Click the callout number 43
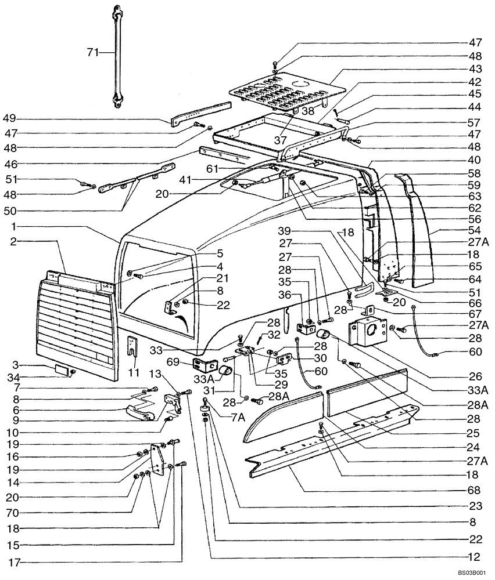(x=476, y=68)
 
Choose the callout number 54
(x=476, y=230)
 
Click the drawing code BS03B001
(x=471, y=572)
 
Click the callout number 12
(x=476, y=557)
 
